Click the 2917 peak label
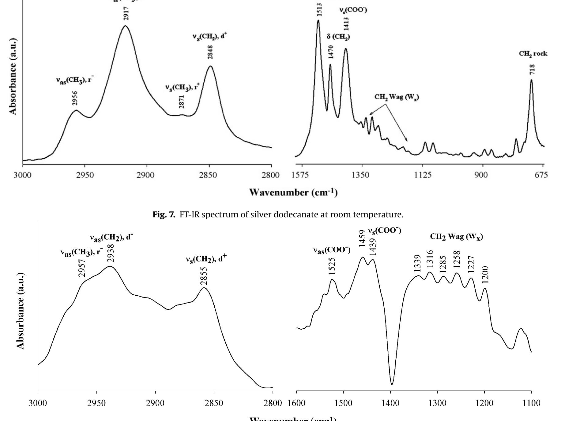click(x=126, y=13)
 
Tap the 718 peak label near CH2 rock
click(x=532, y=69)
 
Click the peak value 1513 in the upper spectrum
click(x=319, y=10)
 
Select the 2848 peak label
click(x=210, y=52)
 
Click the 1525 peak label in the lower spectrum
click(x=332, y=266)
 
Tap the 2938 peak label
click(x=111, y=253)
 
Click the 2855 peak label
click(x=204, y=275)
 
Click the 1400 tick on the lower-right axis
click(x=391, y=403)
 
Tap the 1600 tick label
click(x=296, y=403)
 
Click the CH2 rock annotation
click(x=533, y=54)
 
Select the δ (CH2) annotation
click(x=338, y=37)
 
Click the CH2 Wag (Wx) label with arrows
click(x=397, y=97)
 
